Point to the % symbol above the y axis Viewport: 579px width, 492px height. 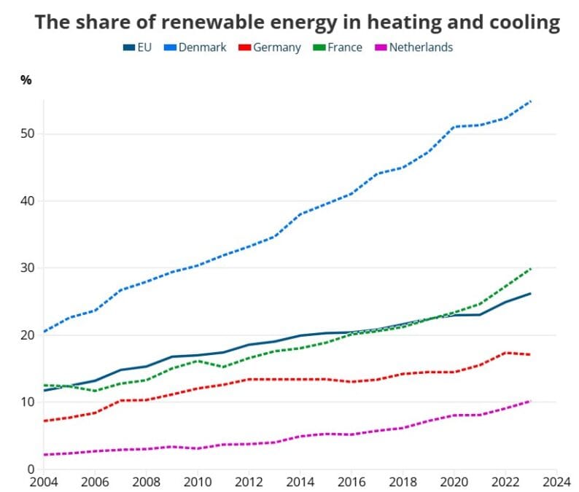pos(26,80)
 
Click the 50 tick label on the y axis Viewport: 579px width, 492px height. pos(27,134)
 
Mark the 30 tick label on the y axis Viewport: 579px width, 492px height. pos(27,268)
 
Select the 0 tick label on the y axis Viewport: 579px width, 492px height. pos(30,469)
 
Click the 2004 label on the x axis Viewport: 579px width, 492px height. pos(44,482)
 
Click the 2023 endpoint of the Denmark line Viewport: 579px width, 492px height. pos(530,101)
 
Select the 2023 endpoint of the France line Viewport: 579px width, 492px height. pos(530,269)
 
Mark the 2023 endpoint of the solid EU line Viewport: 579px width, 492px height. pos(530,294)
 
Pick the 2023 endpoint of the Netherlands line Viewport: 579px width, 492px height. pos(530,401)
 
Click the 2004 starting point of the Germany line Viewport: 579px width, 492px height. pos(44,421)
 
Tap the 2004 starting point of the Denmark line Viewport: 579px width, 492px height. pos(44,332)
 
